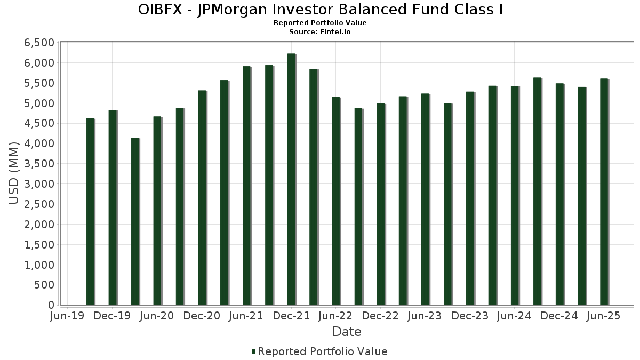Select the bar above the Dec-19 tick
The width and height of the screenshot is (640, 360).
pos(113,207)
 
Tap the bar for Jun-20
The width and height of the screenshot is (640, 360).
pos(157,211)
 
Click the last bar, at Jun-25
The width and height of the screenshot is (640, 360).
pos(604,192)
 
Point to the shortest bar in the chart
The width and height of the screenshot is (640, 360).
pos(135,221)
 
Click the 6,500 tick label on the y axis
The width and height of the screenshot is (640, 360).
pos(40,43)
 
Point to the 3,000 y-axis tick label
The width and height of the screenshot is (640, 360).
pos(40,184)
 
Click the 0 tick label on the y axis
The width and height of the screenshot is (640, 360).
pos(51,305)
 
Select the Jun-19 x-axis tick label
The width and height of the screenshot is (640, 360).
pos(68,316)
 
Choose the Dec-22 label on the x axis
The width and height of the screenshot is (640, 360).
pos(381,316)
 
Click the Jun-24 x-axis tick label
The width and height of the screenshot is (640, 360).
pos(515,316)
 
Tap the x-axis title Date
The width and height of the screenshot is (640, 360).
pos(347,332)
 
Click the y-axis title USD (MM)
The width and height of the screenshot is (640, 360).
pos(14,173)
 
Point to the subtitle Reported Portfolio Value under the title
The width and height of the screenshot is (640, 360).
pos(320,23)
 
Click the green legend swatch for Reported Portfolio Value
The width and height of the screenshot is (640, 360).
pos(253,351)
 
